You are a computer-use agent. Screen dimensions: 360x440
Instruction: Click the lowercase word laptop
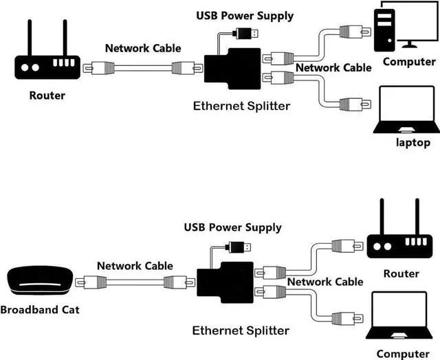(x=412, y=143)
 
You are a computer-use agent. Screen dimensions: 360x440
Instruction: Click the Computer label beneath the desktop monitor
(x=409, y=62)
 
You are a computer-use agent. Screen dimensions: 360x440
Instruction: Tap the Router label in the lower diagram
(x=401, y=273)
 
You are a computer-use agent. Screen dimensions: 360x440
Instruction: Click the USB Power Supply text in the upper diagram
(x=245, y=15)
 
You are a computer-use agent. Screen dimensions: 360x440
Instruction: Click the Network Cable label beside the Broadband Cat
(x=135, y=265)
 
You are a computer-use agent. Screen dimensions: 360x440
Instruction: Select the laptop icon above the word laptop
(x=406, y=110)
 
